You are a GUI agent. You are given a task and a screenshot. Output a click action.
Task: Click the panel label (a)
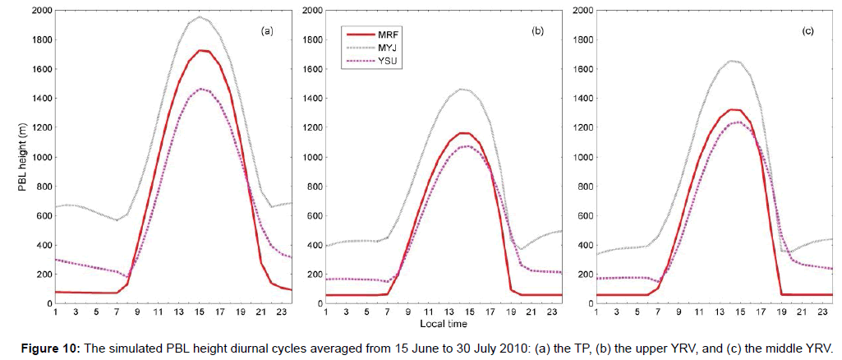(266, 30)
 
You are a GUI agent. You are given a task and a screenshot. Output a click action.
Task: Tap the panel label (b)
(538, 30)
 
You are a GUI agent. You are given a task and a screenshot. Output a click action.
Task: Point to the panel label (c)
(808, 30)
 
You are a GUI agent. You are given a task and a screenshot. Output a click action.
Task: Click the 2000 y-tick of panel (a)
(39, 11)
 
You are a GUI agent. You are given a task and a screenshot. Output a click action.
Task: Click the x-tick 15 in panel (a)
(199, 312)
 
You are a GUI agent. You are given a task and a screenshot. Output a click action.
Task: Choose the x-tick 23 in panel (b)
(552, 312)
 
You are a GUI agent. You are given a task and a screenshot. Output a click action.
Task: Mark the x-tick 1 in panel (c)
(595, 312)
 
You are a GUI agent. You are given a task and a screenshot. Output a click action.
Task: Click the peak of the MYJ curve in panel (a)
(200, 16)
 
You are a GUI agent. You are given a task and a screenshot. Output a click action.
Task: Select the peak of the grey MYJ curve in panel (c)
(734, 61)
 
